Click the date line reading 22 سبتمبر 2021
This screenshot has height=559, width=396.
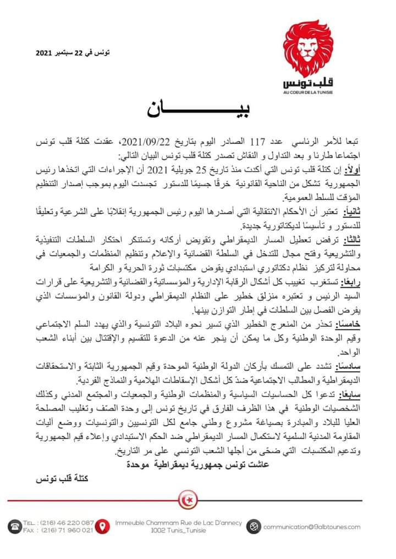pyautogui.click(x=73, y=53)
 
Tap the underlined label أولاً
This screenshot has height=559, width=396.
pyautogui.click(x=353, y=167)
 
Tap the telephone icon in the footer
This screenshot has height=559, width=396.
pyautogui.click(x=14, y=526)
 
